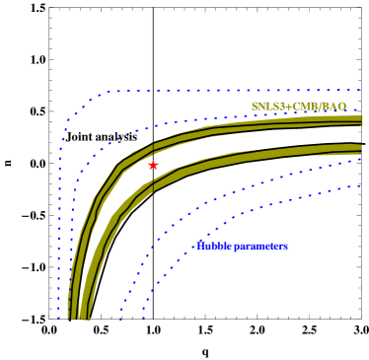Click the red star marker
pos(153,165)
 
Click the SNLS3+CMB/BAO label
pos(298,107)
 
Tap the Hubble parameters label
pos(242,247)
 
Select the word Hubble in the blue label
pos(214,247)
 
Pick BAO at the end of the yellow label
pos(334,107)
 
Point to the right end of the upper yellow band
pos(361,120)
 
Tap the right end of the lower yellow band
pos(360,149)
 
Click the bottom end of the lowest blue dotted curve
pos(144,317)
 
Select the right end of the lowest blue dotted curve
pos(360,185)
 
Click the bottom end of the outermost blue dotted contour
pos(59,317)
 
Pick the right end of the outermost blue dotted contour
pos(360,90)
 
